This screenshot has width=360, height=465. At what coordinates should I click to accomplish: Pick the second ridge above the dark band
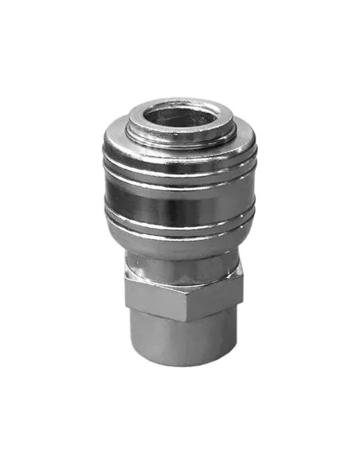178,170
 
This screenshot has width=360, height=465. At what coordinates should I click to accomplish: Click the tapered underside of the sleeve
178,247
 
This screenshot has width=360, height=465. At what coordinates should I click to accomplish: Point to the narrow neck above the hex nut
178,267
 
